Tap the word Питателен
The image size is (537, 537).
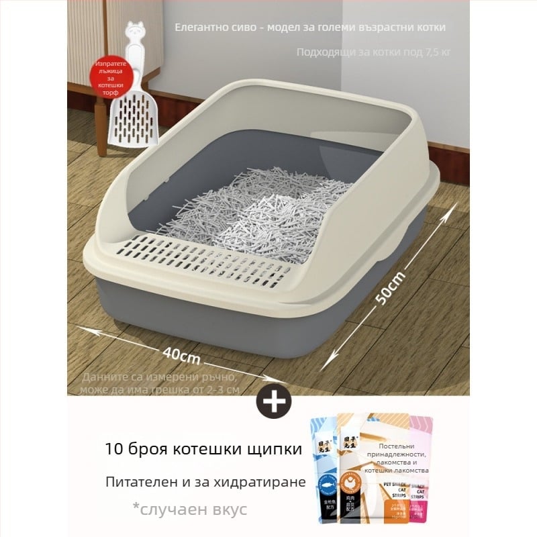[x=138, y=482]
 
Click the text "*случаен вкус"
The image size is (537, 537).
[x=190, y=509]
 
